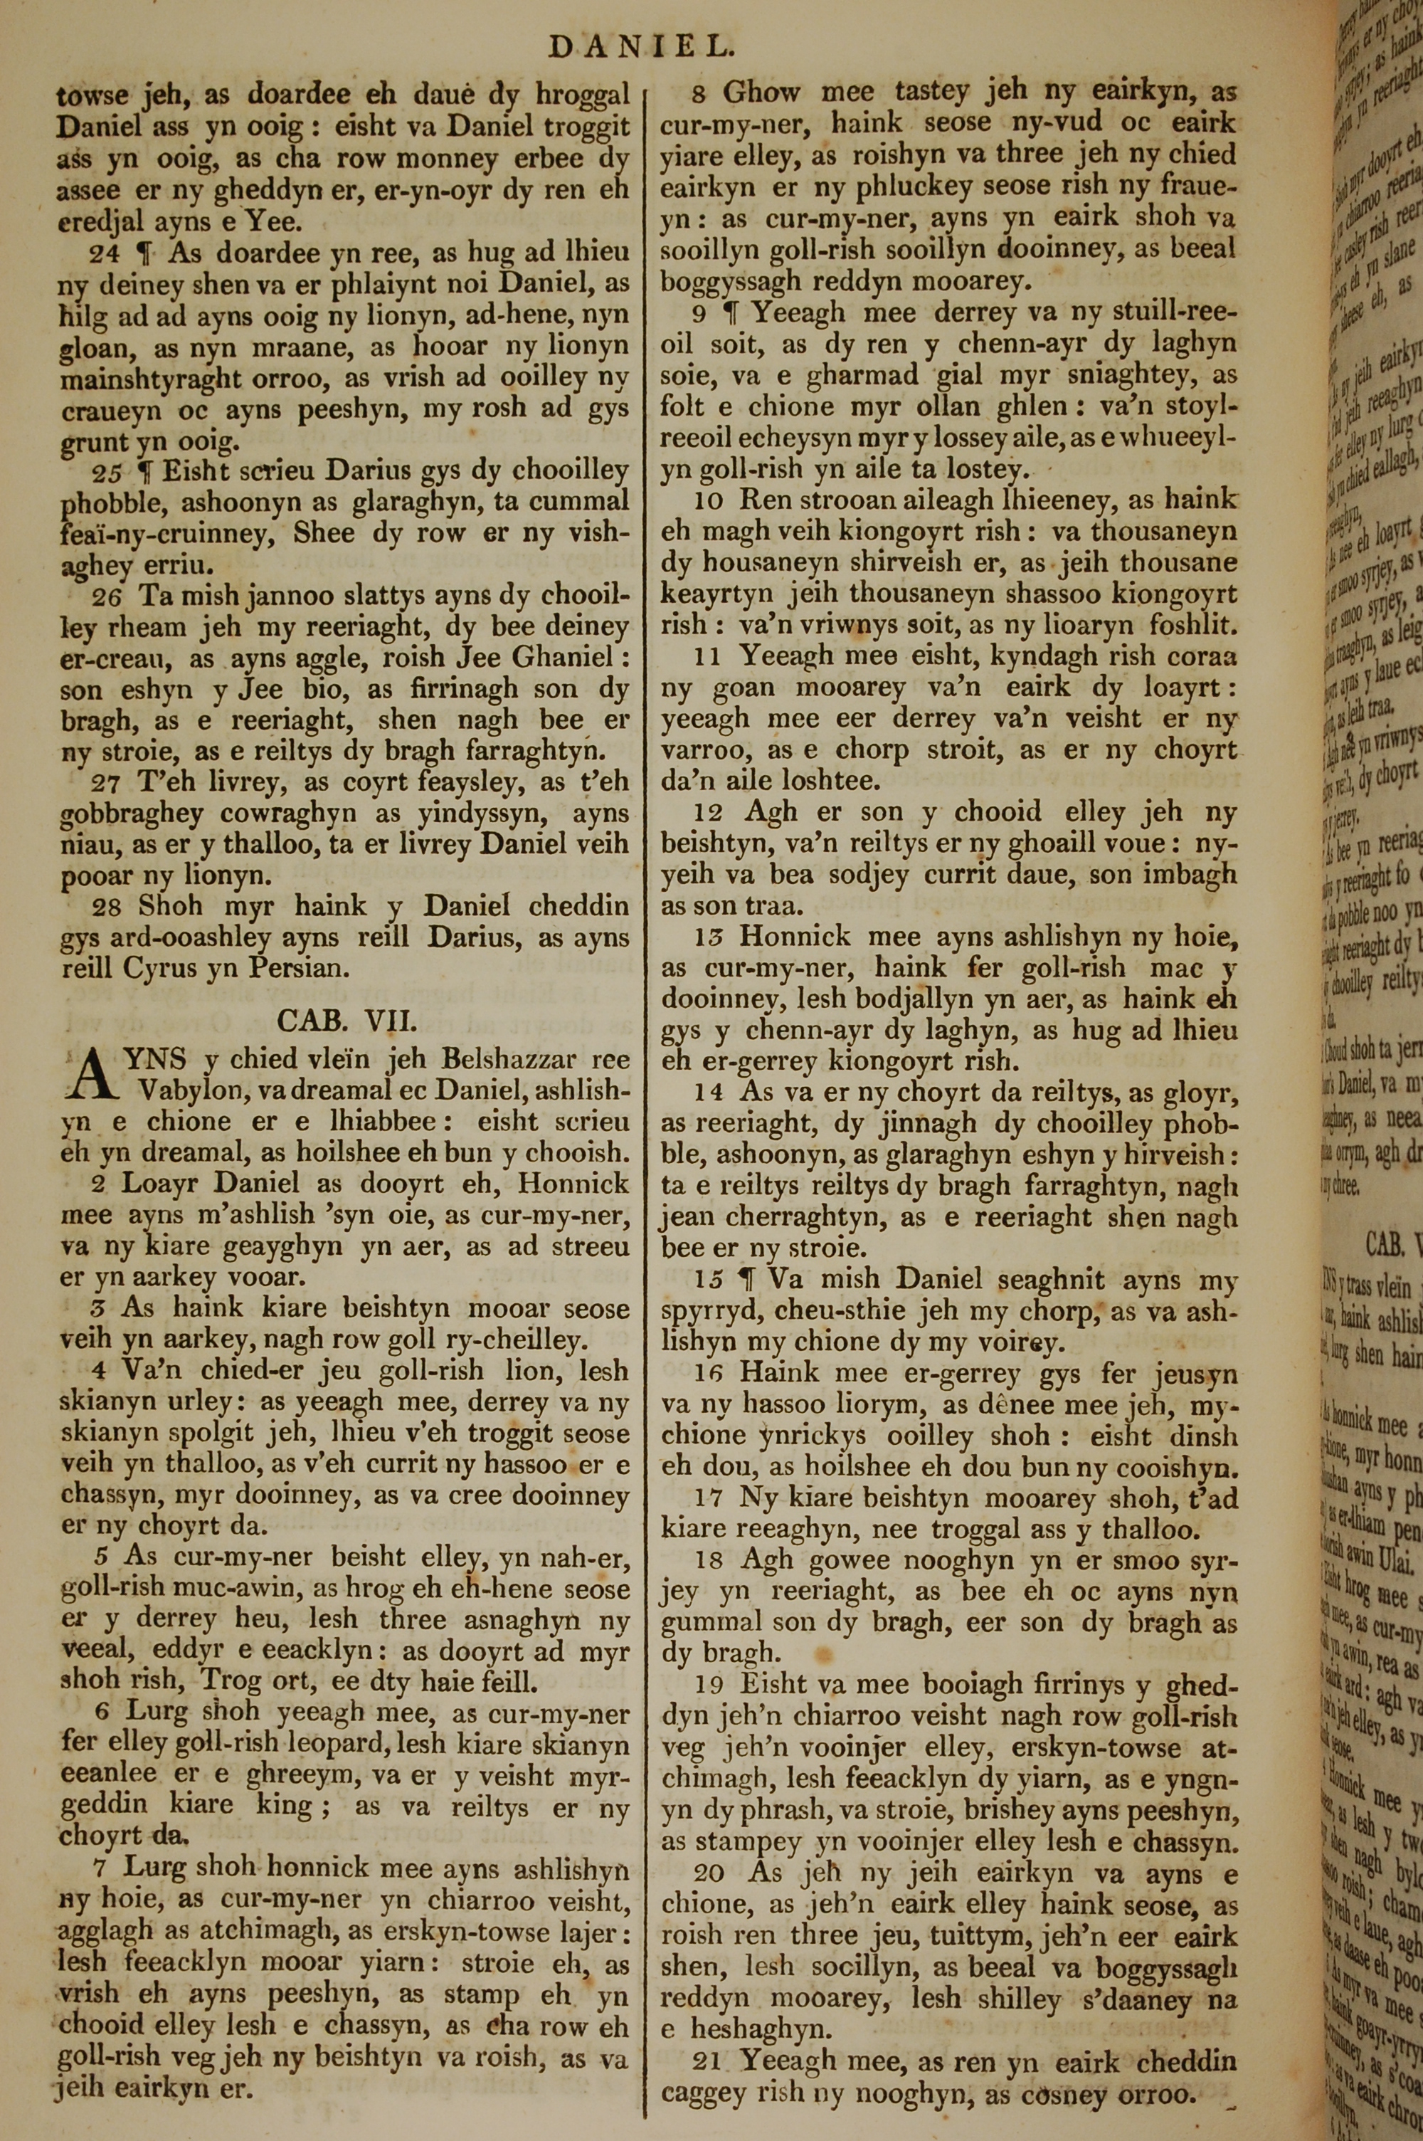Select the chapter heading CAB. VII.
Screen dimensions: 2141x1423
tap(347, 1021)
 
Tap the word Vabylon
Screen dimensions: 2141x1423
tap(190, 1089)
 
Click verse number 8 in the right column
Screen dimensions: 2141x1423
tap(699, 93)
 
